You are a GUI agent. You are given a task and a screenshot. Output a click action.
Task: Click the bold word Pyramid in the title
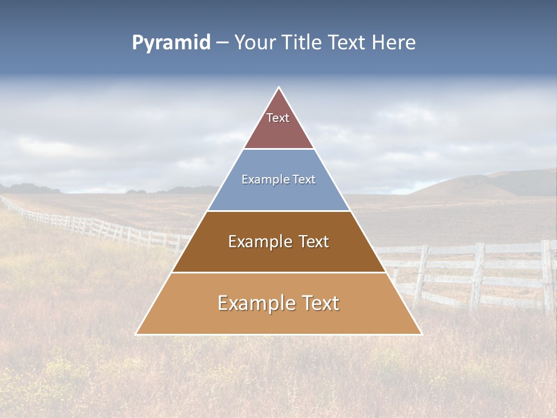171,43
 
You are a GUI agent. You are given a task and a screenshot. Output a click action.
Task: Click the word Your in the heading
255,43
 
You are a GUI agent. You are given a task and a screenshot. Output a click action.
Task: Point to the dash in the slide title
222,43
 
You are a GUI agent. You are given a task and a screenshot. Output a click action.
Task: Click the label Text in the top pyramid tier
278,118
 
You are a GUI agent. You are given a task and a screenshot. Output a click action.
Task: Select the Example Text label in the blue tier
278,179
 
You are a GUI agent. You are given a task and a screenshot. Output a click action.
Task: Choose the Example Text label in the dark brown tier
278,242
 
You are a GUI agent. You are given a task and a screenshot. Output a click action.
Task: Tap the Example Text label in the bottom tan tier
278,303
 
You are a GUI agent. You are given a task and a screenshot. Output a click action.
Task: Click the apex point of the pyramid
279,88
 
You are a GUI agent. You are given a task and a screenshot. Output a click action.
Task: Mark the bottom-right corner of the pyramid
421,334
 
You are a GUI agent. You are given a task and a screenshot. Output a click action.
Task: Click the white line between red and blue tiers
278,149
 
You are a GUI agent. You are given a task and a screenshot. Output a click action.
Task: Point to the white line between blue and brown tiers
278,211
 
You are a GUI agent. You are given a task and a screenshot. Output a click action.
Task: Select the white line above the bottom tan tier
278,272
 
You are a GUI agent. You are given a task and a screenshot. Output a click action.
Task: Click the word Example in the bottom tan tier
256,303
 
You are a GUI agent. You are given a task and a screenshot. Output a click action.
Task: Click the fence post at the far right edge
547,276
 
